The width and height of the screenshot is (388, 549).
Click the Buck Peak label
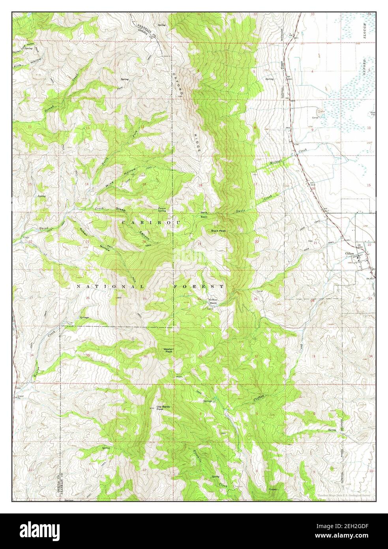[218, 231]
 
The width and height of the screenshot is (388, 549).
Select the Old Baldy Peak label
[165, 408]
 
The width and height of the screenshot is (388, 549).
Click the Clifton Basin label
[213, 301]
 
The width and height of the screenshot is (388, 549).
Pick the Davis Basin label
[204, 215]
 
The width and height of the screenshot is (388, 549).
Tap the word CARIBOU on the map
[151, 223]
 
